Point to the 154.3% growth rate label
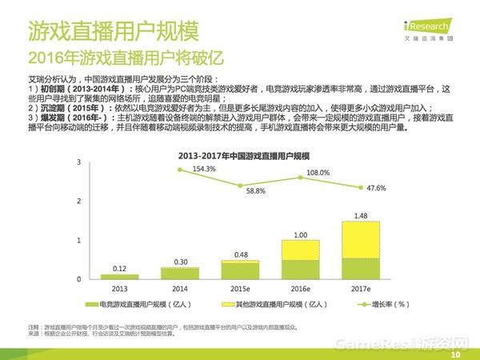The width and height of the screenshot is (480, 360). point(203,169)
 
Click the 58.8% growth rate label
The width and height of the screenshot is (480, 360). point(254,191)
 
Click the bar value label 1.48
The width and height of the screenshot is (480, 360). point(359,215)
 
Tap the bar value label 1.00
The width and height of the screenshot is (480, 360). point(300,234)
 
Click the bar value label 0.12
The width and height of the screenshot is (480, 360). point(119,268)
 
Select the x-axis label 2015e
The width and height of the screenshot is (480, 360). point(239,288)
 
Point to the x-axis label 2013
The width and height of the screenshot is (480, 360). point(119,288)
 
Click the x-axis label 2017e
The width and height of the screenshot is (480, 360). point(359,288)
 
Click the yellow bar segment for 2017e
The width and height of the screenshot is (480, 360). point(359,239)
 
